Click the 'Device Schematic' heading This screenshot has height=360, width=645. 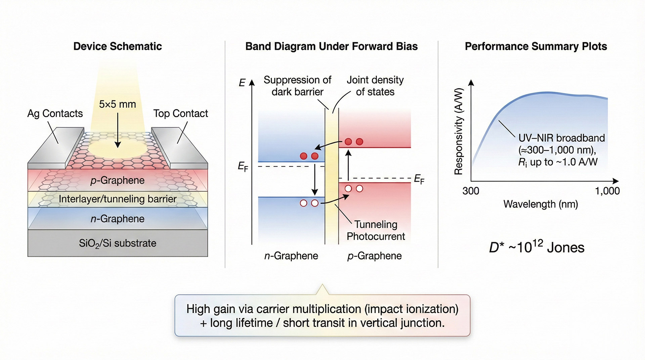(x=118, y=46)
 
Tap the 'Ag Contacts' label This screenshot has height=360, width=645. (x=55, y=114)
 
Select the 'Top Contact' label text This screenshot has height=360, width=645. (x=180, y=114)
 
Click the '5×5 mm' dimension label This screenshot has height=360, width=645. (x=118, y=104)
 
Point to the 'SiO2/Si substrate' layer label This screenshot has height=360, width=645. (x=118, y=243)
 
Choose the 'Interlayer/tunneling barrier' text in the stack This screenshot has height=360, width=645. (x=118, y=199)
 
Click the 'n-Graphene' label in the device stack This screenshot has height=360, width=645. (x=118, y=219)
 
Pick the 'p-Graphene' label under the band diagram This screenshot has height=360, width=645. (x=374, y=256)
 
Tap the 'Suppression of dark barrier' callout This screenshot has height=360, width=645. (x=297, y=86)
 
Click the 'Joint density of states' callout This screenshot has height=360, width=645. (x=375, y=86)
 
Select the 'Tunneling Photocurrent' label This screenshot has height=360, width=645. (x=376, y=230)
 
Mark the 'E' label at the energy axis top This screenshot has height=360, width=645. (x=242, y=83)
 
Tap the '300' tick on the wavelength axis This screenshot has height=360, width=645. (x=471, y=191)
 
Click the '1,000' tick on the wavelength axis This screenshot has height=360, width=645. (x=607, y=191)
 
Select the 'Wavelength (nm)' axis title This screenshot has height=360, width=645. (x=541, y=204)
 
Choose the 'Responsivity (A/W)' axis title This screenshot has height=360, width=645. (x=459, y=131)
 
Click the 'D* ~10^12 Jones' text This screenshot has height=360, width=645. (x=536, y=248)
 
